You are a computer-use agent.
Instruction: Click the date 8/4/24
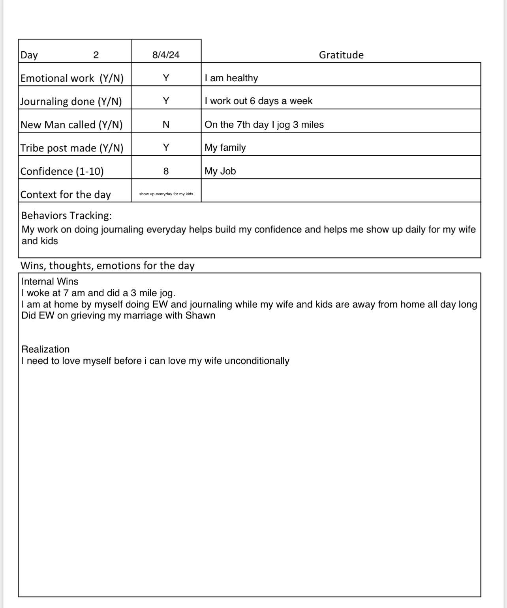[x=166, y=55]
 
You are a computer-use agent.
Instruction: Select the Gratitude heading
[x=341, y=55]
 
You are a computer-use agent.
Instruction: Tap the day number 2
[x=96, y=55]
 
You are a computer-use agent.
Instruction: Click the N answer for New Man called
[x=166, y=125]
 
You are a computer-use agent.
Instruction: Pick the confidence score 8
[x=166, y=171]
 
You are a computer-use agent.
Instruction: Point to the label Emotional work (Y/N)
[x=72, y=78]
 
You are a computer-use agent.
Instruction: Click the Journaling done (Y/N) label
[x=71, y=101]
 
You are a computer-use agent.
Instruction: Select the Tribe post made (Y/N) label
[x=72, y=148]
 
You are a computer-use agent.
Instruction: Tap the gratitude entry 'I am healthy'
[x=231, y=78]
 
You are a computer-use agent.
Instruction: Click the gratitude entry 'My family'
[x=225, y=148]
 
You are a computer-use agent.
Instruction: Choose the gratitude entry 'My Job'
[x=220, y=171]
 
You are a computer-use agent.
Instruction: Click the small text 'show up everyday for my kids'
[x=166, y=194]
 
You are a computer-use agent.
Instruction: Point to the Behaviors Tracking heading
[x=66, y=215]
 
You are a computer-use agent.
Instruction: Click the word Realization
[x=45, y=349]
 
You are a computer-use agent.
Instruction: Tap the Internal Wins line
[x=50, y=281]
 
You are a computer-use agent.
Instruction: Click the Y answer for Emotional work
[x=166, y=78]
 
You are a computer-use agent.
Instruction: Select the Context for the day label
[x=66, y=195]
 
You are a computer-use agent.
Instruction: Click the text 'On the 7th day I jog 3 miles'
[x=264, y=125]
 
